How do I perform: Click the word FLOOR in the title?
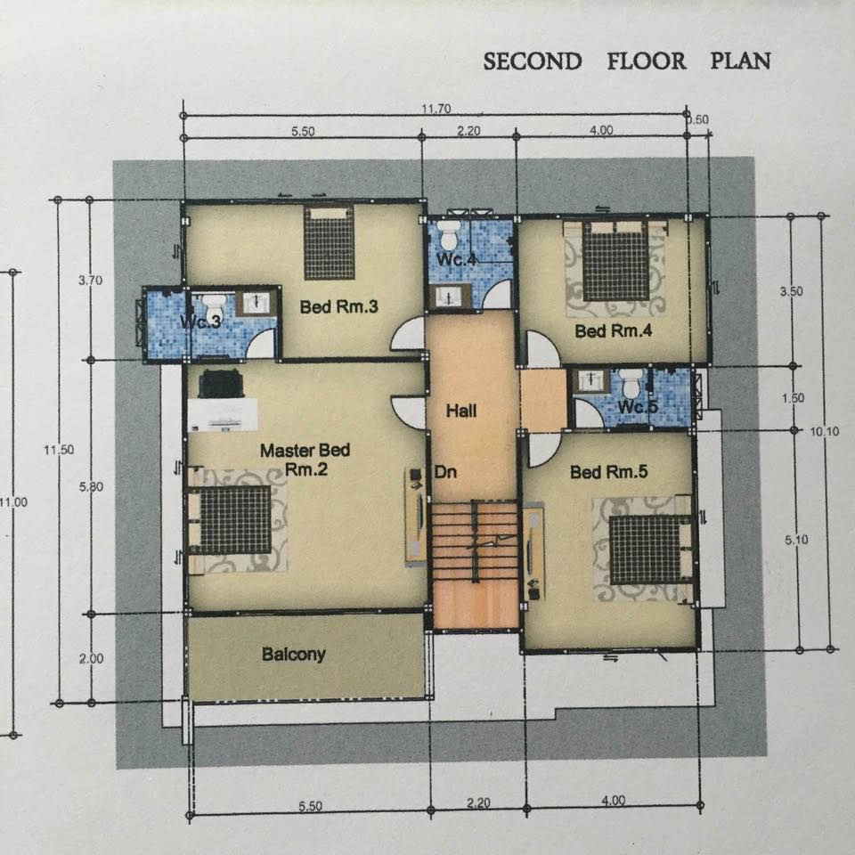647,61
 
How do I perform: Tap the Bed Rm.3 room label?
338,306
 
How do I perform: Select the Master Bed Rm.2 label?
305,460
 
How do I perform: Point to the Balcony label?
293,654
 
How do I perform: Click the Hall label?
461,411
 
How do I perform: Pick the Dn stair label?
445,472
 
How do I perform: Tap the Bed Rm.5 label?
608,472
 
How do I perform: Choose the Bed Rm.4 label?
614,331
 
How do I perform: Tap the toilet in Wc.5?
631,382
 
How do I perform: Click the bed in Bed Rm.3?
329,242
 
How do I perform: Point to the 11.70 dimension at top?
436,109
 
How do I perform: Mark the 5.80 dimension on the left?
91,487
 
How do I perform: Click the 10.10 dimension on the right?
825,432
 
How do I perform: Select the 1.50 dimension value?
793,398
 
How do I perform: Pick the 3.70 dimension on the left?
91,281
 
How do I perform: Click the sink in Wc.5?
591,380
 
